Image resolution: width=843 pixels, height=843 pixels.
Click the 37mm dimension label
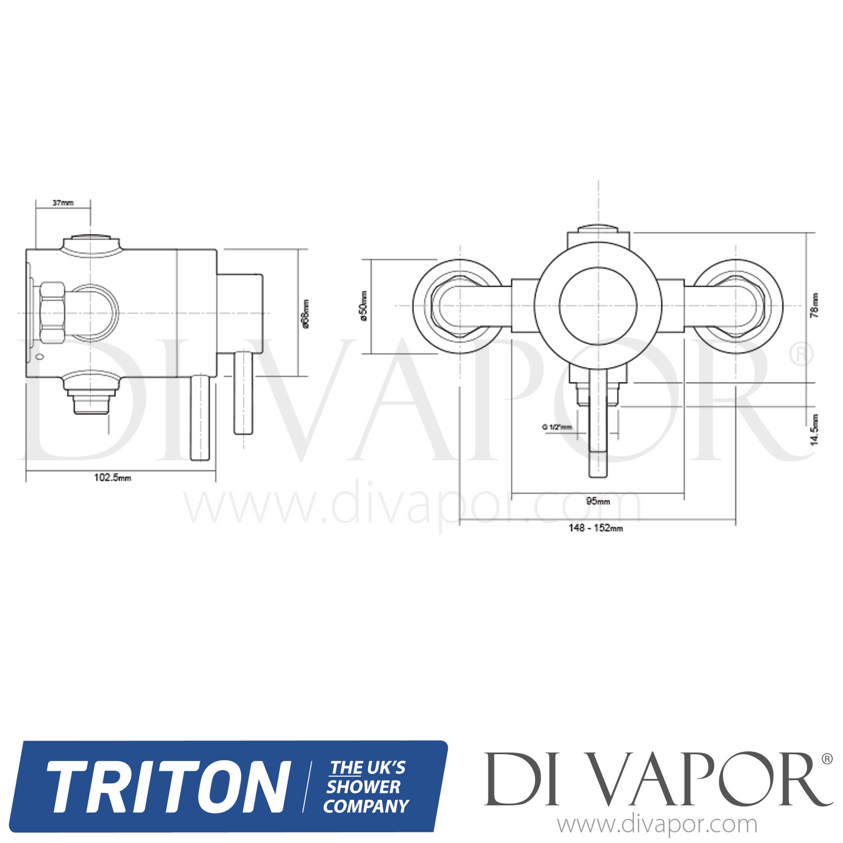tap(63, 202)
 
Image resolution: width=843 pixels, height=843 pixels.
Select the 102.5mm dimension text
tap(112, 478)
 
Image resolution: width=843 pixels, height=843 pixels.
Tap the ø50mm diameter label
tap(364, 306)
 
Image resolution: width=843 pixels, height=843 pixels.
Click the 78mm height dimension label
tap(814, 305)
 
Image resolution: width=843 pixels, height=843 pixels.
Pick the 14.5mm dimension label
tap(814, 429)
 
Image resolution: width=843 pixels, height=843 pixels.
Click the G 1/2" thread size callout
tap(556, 427)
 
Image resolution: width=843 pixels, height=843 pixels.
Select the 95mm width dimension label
tap(597, 501)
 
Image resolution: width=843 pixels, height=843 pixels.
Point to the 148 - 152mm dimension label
tap(596, 528)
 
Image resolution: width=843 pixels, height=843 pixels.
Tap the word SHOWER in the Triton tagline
tap(364, 787)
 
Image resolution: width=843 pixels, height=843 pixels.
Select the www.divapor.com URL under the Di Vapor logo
tap(658, 825)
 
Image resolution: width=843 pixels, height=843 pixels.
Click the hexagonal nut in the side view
tap(52, 312)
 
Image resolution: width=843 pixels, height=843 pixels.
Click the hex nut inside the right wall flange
tap(736, 306)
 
